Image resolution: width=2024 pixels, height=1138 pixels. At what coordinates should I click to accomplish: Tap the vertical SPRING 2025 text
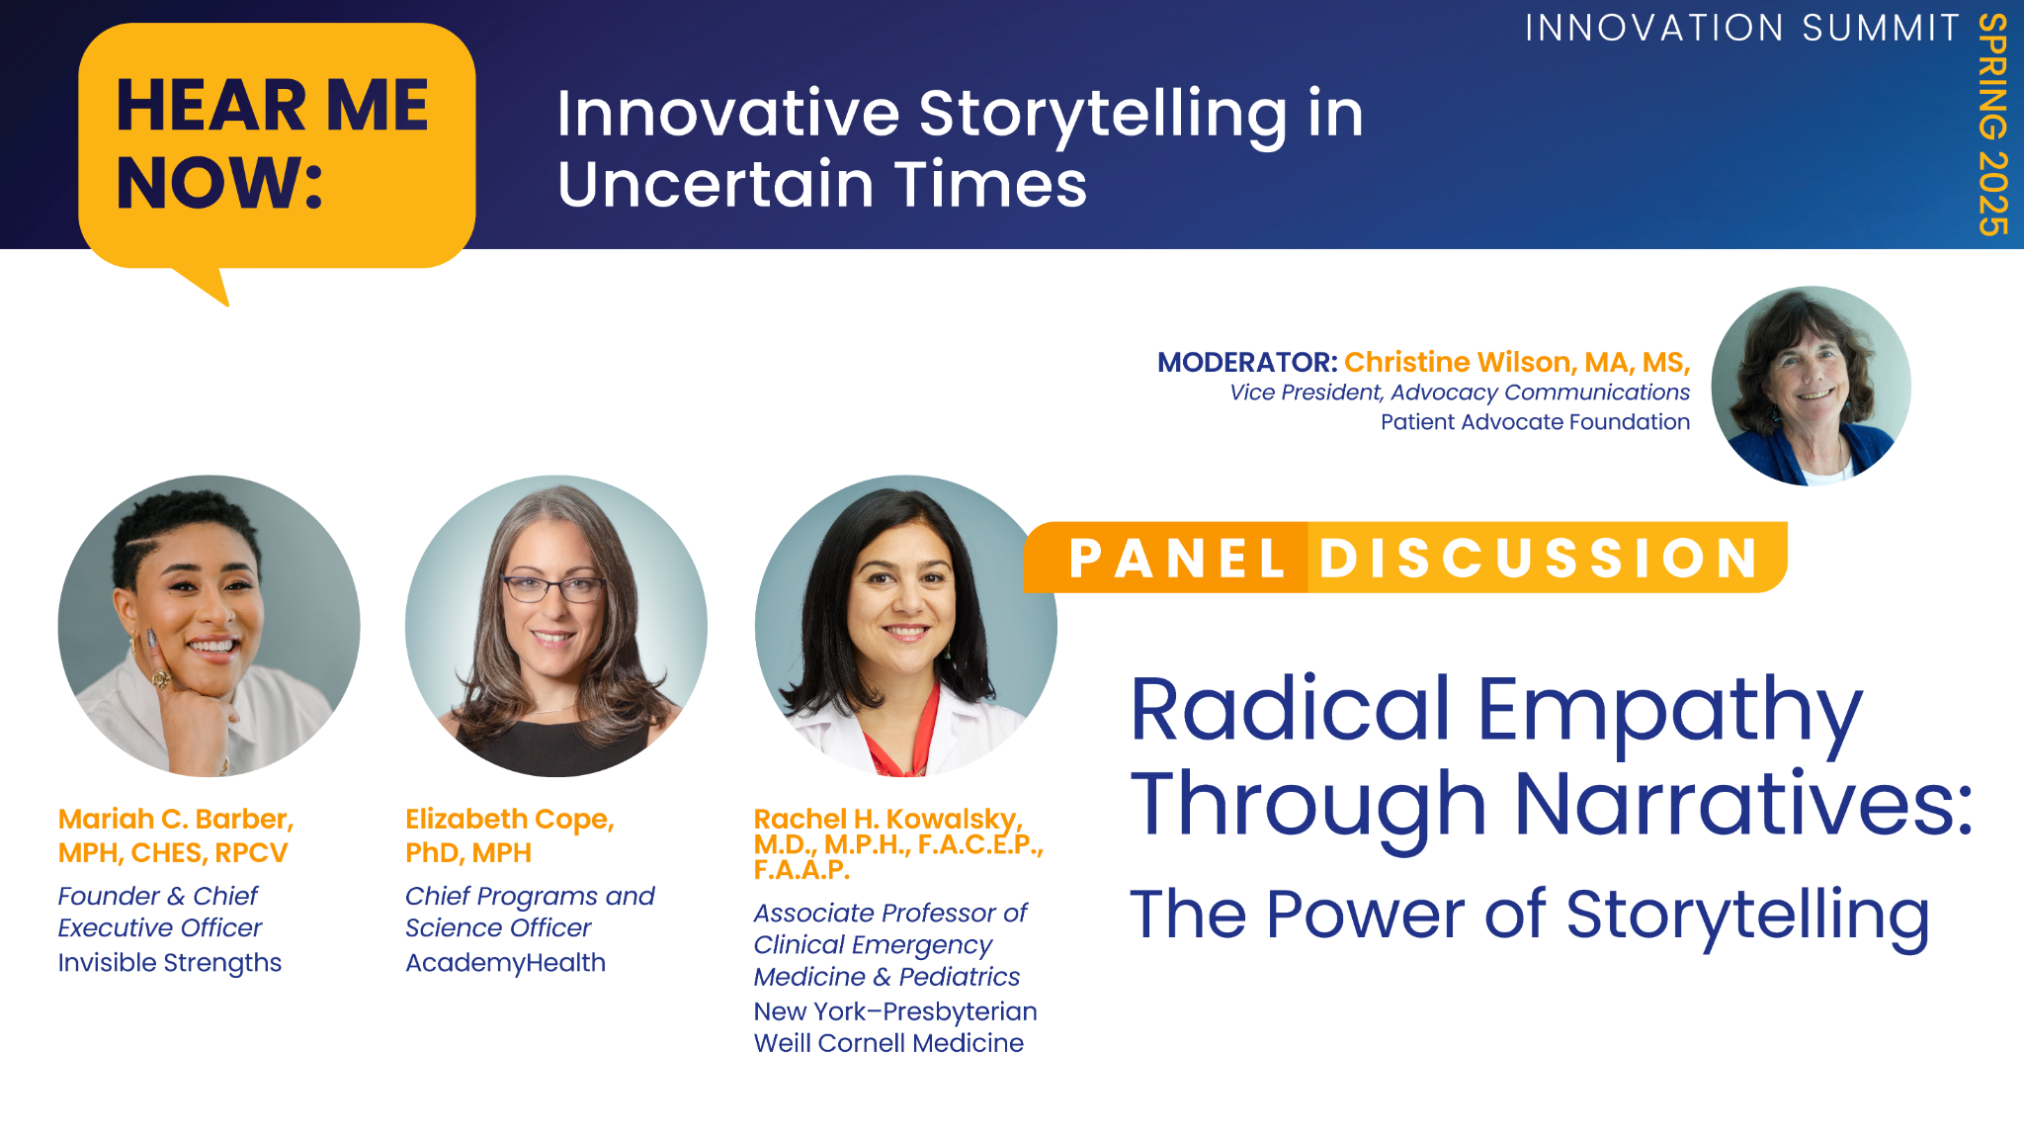[1992, 125]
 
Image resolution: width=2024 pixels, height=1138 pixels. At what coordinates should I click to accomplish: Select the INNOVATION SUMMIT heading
[1742, 28]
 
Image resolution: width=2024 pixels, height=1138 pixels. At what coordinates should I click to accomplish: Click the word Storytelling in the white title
[1103, 116]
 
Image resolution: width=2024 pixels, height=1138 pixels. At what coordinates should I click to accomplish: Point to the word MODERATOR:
[1247, 362]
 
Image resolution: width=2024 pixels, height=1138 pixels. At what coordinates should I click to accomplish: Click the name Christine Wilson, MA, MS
[1517, 363]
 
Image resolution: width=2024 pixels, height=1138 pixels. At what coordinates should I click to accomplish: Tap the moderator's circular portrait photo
[1811, 386]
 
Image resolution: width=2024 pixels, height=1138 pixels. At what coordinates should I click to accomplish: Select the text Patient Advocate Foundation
[1535, 422]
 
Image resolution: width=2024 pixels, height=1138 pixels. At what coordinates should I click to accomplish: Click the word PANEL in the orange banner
[1177, 558]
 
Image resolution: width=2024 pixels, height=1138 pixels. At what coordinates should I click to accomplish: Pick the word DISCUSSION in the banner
[1540, 558]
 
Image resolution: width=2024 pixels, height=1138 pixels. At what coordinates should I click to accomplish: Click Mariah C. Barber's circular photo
[209, 626]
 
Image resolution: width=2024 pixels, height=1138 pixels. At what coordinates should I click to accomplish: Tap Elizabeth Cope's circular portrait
[556, 626]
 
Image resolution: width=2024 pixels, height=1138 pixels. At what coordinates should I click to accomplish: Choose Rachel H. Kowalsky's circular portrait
[905, 626]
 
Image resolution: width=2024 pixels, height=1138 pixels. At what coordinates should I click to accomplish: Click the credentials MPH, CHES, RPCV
[173, 853]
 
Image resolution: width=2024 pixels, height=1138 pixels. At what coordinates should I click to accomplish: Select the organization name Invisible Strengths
[170, 963]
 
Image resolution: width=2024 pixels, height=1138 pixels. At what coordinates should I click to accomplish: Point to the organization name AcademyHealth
[505, 963]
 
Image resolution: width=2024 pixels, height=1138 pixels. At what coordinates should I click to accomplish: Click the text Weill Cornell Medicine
[888, 1043]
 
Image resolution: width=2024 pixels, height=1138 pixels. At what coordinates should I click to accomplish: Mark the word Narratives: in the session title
[1744, 804]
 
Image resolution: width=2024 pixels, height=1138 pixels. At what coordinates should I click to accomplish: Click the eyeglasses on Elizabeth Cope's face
[553, 588]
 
